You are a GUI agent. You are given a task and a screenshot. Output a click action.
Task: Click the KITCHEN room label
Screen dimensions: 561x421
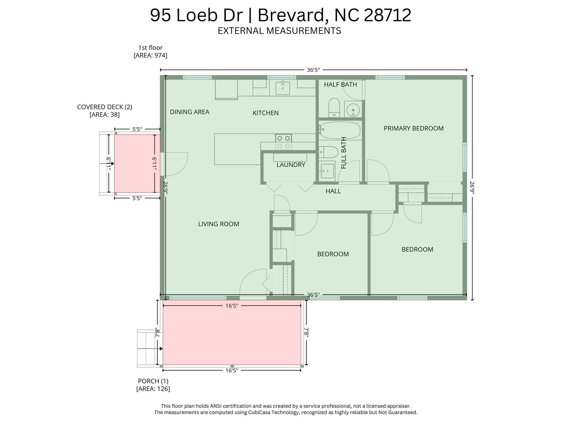[x=266, y=113]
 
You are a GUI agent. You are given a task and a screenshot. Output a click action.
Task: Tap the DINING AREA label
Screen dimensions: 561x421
[x=190, y=112]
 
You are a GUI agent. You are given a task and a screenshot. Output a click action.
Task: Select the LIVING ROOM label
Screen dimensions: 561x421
[x=219, y=224]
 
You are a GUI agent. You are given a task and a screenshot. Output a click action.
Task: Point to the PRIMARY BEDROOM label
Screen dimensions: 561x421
[x=414, y=128]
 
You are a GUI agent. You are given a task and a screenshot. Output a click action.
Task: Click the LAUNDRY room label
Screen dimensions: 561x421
[x=291, y=165]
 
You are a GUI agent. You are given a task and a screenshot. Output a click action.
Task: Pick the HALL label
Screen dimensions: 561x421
[x=333, y=191]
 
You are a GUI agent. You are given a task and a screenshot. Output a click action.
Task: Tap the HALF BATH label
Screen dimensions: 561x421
[x=340, y=84]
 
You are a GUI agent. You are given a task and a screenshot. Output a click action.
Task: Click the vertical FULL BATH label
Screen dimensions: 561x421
[x=344, y=153]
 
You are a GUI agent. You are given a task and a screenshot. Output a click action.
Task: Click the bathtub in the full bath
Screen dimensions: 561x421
[x=340, y=130]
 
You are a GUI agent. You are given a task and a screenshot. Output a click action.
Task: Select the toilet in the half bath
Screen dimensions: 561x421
[x=334, y=108]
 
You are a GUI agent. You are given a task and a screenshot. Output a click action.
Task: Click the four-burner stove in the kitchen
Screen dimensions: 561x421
[x=283, y=142]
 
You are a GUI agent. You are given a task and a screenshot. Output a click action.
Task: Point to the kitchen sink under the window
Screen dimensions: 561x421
[x=282, y=87]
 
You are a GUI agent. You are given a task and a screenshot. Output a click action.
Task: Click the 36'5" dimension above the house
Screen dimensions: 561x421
[x=313, y=70]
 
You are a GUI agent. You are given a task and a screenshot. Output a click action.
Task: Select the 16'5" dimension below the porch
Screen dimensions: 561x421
[x=232, y=371]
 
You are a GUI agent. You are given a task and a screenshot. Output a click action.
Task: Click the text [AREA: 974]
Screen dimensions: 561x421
[x=150, y=55]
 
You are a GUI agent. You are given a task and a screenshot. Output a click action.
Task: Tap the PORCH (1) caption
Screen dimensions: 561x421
[x=153, y=381]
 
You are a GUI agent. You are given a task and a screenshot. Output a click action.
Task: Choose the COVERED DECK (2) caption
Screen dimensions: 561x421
[x=105, y=107]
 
